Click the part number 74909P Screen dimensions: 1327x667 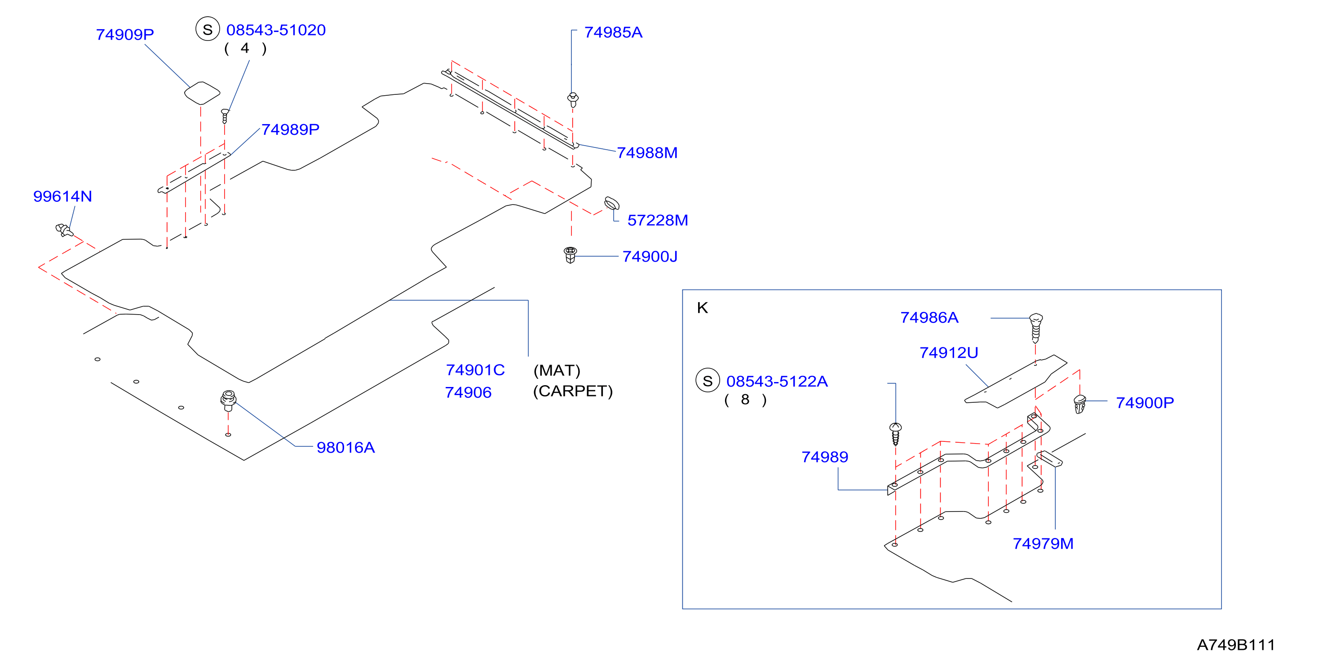125,35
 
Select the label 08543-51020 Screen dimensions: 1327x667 276,30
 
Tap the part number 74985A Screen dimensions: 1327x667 613,32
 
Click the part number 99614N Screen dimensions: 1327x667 62,196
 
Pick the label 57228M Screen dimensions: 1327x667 657,220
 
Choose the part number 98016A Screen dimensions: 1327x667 345,447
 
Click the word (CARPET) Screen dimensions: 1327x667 573,391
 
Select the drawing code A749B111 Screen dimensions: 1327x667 1236,645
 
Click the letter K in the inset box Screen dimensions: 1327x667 703,308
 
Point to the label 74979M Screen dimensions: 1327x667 1043,543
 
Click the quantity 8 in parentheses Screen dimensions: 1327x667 745,400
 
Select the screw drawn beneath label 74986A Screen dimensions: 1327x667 1035,328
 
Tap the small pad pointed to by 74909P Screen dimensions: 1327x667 202,93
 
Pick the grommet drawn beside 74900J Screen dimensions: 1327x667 570,255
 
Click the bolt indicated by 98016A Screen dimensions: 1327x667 228,400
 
